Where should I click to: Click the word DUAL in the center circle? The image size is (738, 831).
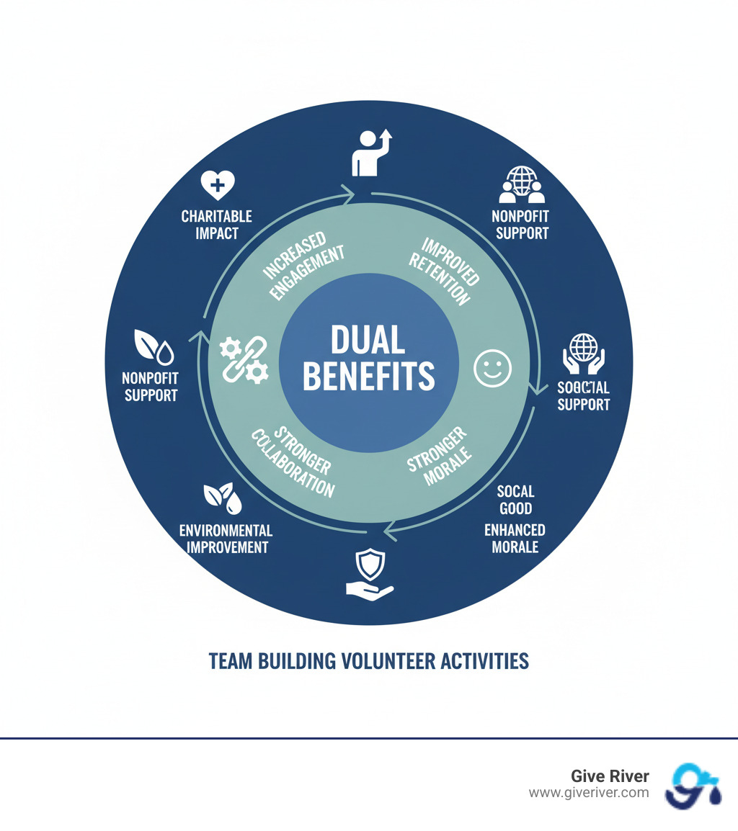click(x=368, y=340)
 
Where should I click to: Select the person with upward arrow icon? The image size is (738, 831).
click(x=370, y=153)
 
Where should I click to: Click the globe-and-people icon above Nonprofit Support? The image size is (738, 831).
click(x=521, y=186)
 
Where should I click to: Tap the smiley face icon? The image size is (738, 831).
click(x=492, y=369)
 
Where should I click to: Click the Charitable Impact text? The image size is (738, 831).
click(x=216, y=225)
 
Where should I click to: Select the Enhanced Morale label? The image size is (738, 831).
click(x=515, y=538)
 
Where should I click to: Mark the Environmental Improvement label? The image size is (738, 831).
click(x=226, y=539)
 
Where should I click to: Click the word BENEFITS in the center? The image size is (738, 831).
click(x=368, y=376)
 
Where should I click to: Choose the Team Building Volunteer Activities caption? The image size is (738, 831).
click(x=368, y=661)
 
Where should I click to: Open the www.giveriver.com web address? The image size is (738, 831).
click(x=588, y=793)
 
